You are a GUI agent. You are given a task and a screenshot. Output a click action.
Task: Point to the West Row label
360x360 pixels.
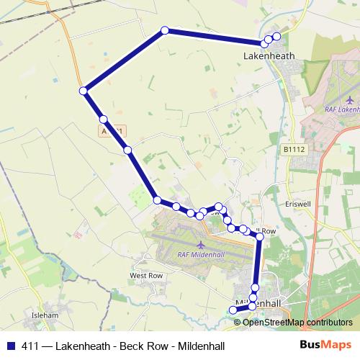[145, 276]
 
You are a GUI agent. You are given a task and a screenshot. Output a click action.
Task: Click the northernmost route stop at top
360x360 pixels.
[165, 30]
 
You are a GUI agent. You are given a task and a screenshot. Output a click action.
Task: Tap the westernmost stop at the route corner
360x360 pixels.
[84, 91]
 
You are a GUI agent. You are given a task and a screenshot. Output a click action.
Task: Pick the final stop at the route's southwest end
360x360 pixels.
[232, 310]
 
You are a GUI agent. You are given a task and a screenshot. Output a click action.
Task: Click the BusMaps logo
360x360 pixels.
[325, 344]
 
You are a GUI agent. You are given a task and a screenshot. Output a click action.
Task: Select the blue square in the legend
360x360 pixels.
[10, 345]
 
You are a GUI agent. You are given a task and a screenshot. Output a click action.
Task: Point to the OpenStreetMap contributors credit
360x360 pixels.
[297, 322]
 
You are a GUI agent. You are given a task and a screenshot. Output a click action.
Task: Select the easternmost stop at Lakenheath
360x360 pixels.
[276, 36]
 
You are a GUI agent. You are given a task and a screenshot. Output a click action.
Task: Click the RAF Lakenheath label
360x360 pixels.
[338, 109]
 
